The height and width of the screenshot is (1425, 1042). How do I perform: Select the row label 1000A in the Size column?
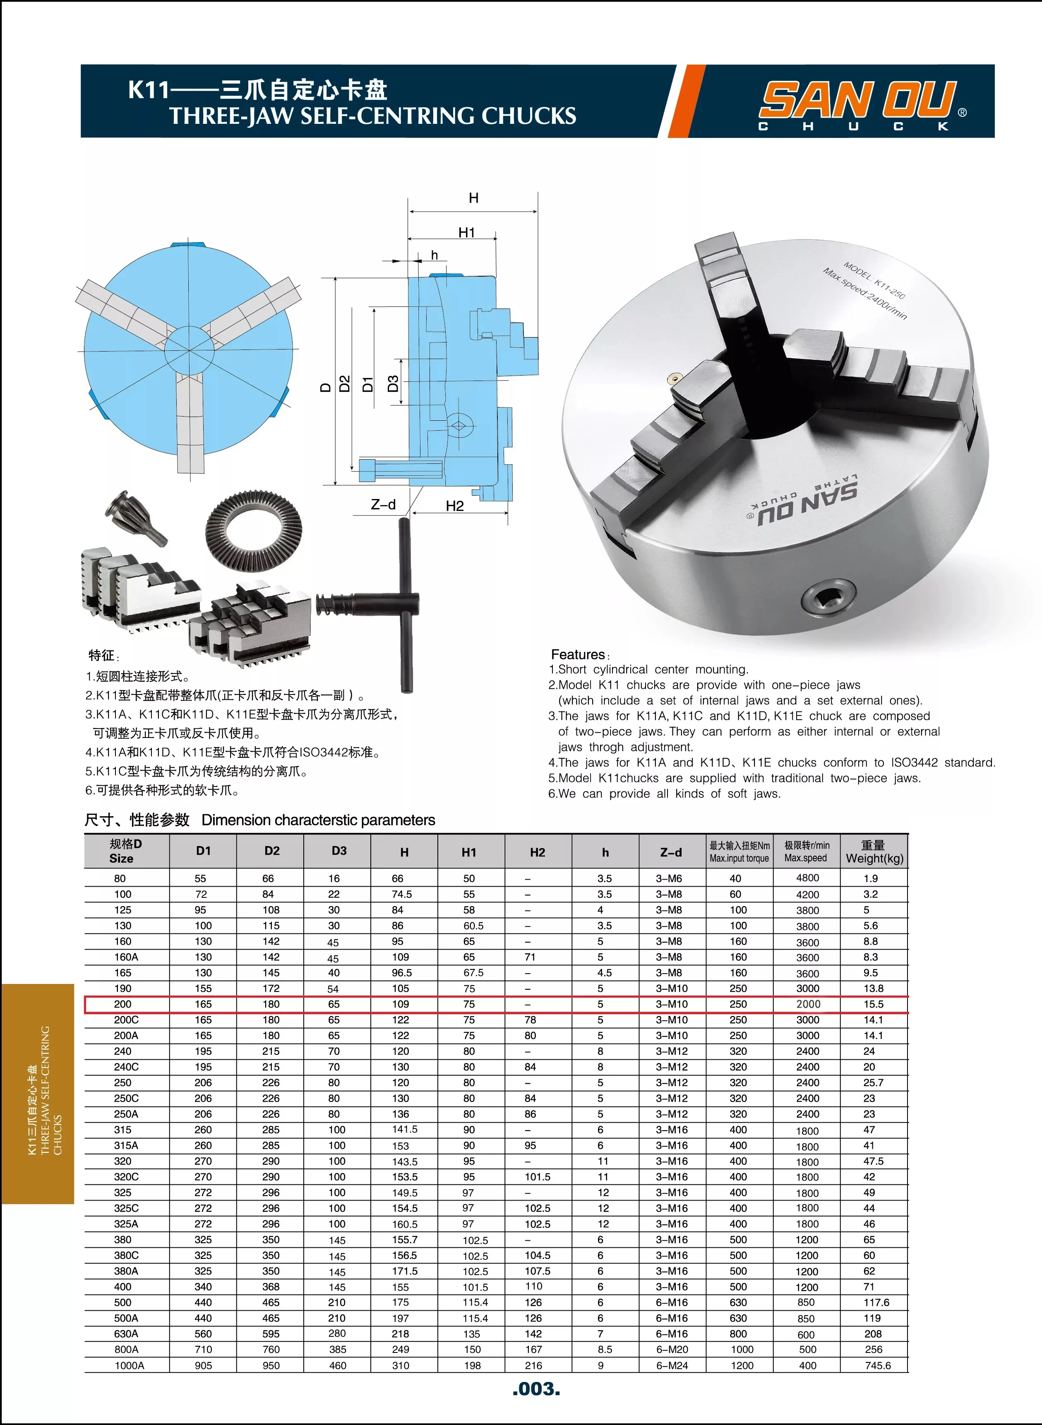[x=129, y=1365]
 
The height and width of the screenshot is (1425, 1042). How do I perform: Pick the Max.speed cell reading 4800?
[x=807, y=878]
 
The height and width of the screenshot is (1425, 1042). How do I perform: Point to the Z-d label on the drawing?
[x=383, y=504]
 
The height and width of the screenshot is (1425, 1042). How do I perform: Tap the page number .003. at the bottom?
[x=536, y=1389]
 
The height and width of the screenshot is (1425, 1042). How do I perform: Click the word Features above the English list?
[x=578, y=654]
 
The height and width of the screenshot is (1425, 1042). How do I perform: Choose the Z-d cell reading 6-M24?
[x=672, y=1365]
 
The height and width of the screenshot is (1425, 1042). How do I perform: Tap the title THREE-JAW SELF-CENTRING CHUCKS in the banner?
[x=372, y=116]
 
